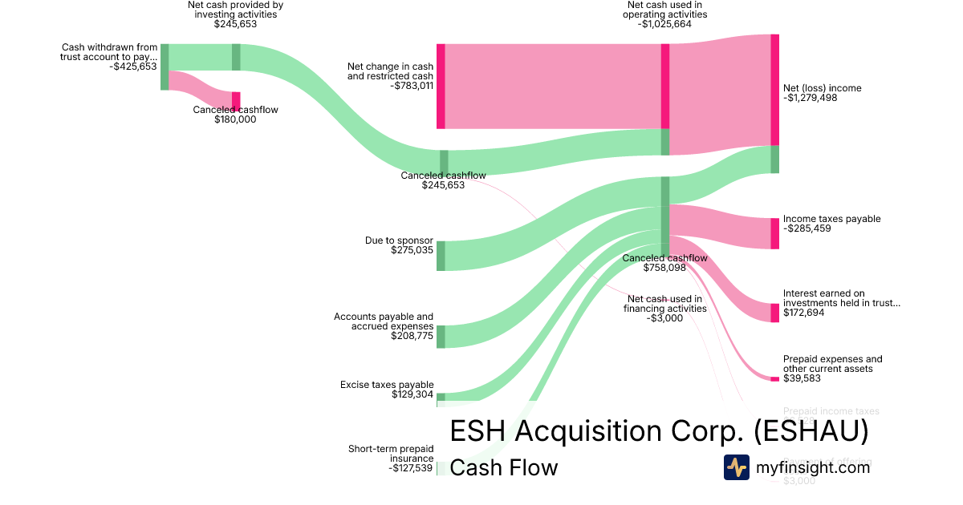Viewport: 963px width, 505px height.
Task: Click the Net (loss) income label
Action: tap(823, 88)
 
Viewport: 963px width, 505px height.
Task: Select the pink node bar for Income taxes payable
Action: tap(774, 233)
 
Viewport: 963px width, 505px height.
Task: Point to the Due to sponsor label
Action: tap(399, 240)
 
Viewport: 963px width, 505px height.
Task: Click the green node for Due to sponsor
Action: tap(441, 256)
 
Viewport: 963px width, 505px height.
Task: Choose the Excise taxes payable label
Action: tap(387, 385)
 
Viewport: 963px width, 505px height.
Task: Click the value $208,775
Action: tap(412, 336)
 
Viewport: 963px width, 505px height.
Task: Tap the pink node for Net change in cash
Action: tap(441, 86)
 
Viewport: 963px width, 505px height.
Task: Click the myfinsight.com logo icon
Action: tap(736, 467)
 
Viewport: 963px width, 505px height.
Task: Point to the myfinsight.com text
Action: tap(813, 467)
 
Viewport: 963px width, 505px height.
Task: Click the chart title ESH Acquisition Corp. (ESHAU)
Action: tap(659, 431)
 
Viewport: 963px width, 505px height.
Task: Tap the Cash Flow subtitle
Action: tap(503, 467)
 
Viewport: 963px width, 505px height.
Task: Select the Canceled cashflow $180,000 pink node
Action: tap(236, 100)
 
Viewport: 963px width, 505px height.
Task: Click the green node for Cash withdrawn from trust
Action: tap(165, 67)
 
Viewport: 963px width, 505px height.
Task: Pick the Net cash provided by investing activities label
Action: tap(235, 10)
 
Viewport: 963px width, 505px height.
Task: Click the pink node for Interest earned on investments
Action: tap(774, 313)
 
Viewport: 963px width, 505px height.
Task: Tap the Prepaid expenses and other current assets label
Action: tap(832, 364)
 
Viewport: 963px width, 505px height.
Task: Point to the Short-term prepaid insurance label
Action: tap(390, 454)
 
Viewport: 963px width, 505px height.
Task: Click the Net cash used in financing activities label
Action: tap(665, 303)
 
